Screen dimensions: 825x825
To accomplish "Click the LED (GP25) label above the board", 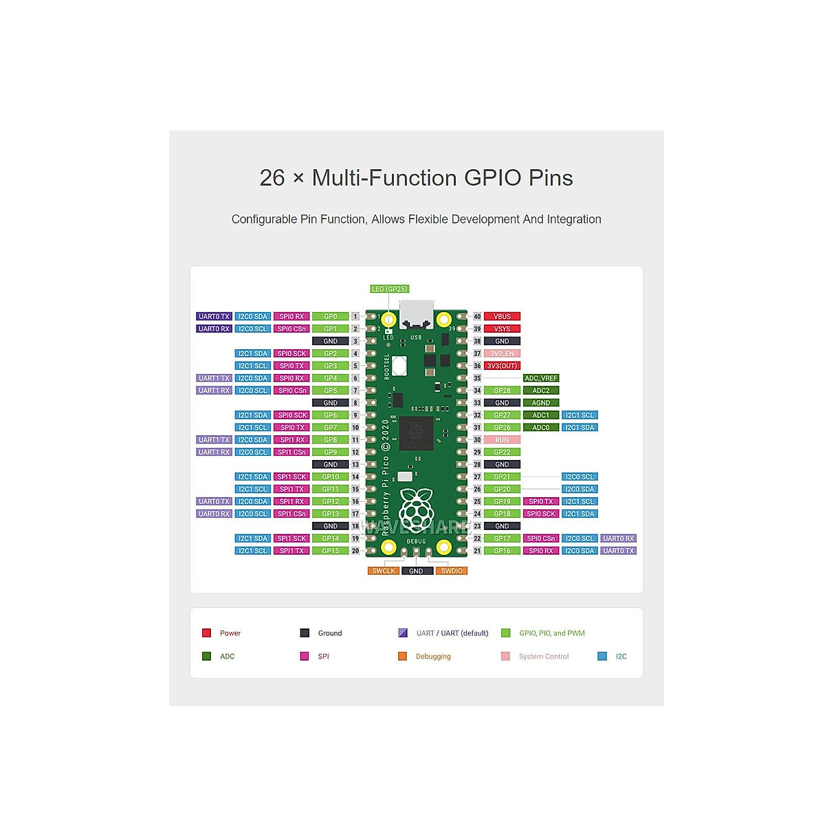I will (x=390, y=289).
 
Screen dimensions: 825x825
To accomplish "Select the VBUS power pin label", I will (x=502, y=316).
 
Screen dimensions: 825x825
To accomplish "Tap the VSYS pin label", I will (x=502, y=329).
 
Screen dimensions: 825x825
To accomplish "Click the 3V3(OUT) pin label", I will (x=502, y=366).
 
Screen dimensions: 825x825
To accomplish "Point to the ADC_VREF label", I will (x=541, y=378).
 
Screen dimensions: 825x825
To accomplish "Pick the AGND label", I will (x=541, y=403).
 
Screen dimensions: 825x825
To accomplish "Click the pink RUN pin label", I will (x=502, y=440).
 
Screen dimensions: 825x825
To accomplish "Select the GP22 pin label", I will (x=502, y=452).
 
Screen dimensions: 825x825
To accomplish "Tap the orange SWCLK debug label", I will (x=384, y=571).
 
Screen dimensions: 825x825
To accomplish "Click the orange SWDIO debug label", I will (x=452, y=571).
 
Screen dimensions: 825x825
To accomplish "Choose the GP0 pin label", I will (x=331, y=316).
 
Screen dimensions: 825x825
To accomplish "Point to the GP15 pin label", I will (x=331, y=551).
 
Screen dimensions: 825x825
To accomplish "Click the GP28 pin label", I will (x=502, y=390).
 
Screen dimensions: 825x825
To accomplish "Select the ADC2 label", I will (x=541, y=390).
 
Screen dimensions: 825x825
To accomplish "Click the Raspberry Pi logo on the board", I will (x=417, y=507).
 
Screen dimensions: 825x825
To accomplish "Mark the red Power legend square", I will (x=206, y=632).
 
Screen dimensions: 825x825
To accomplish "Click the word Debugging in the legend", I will (x=433, y=657).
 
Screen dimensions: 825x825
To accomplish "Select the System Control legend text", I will (x=544, y=657).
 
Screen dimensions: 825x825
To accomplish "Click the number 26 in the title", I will (x=272, y=178).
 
